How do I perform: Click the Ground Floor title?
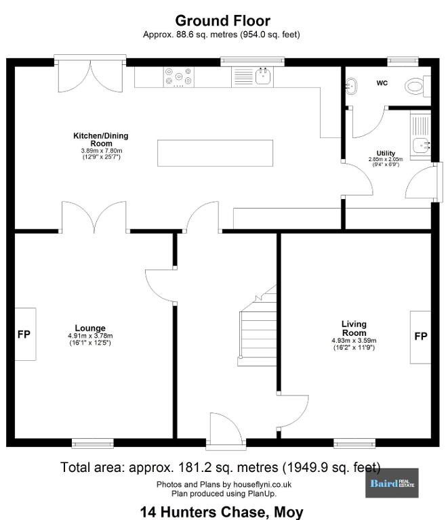click(223, 20)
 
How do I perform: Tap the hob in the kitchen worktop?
click(178, 77)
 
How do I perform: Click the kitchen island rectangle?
click(215, 153)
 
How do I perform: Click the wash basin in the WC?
click(352, 86)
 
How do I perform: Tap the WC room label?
click(382, 83)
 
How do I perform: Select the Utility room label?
click(386, 153)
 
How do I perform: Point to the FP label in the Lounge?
click(24, 334)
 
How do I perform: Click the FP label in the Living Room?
click(421, 337)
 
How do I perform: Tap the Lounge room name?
click(90, 328)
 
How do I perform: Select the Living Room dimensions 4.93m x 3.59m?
click(354, 341)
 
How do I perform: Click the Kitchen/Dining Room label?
click(101, 139)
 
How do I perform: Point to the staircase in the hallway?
click(258, 326)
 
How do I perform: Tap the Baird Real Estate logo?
click(392, 483)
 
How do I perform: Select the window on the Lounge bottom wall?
click(93, 443)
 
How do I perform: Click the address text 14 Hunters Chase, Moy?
click(222, 512)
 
